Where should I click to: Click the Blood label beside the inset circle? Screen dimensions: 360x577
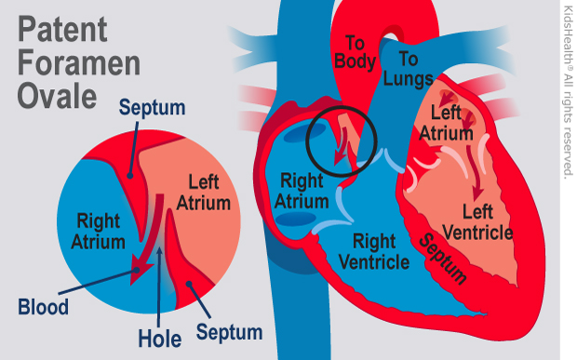(44, 306)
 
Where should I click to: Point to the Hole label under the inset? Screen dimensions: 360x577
(159, 336)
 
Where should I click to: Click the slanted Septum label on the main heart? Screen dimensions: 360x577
(441, 258)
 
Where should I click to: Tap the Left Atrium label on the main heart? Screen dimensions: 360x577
(446, 123)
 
